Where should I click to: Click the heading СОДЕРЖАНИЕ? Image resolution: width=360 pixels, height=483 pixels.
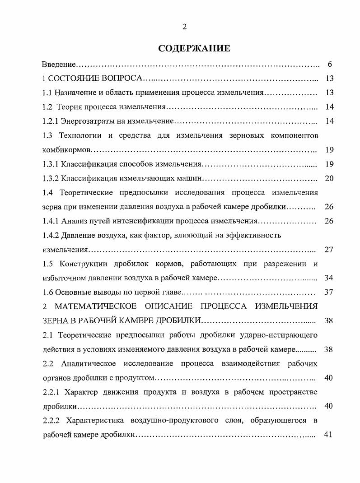(x=194, y=49)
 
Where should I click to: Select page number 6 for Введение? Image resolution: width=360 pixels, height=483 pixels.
(x=330, y=64)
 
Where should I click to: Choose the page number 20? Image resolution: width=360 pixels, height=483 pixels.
(x=329, y=178)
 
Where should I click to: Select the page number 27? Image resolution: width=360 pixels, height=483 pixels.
(x=329, y=250)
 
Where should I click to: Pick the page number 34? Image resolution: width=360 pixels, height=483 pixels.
(x=329, y=278)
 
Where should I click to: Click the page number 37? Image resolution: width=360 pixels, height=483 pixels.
(x=329, y=292)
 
